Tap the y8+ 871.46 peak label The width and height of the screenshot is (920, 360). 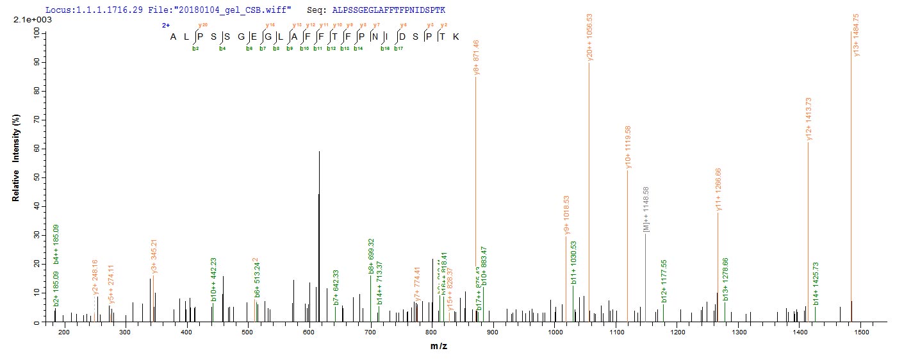476,56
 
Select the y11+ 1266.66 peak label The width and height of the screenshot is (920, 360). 718,189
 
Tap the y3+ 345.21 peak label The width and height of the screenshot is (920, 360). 154,257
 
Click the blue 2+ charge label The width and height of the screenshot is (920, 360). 165,26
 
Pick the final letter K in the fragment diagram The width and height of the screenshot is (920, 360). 456,37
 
